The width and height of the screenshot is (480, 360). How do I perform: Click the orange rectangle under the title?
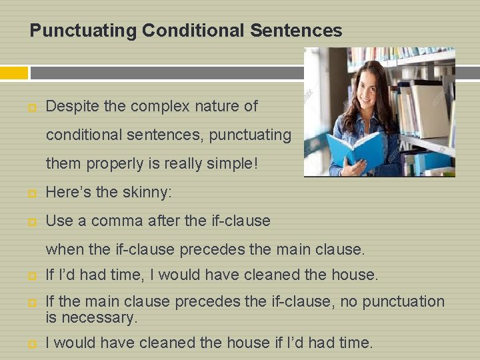tap(14, 73)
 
